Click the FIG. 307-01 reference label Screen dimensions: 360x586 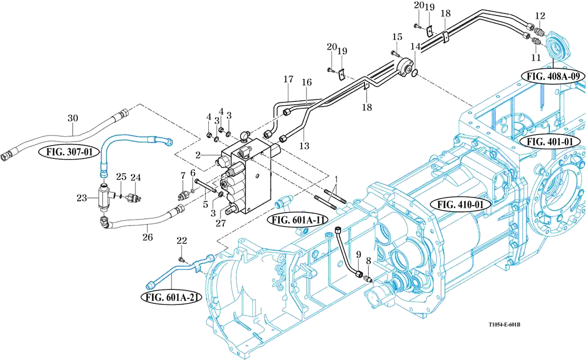[x=65, y=151]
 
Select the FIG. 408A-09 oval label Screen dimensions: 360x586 [x=553, y=75]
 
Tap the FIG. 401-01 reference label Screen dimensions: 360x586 [x=553, y=142]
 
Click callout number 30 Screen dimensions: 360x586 [x=73, y=118]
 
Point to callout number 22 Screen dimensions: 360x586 [x=182, y=241]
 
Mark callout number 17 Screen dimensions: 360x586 [x=288, y=80]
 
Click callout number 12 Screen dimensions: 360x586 [x=540, y=15]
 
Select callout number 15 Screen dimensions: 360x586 [x=397, y=37]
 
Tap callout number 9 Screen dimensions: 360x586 [x=359, y=255]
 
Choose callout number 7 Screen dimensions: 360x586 [x=182, y=177]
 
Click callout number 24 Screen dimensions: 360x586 [x=136, y=178]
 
